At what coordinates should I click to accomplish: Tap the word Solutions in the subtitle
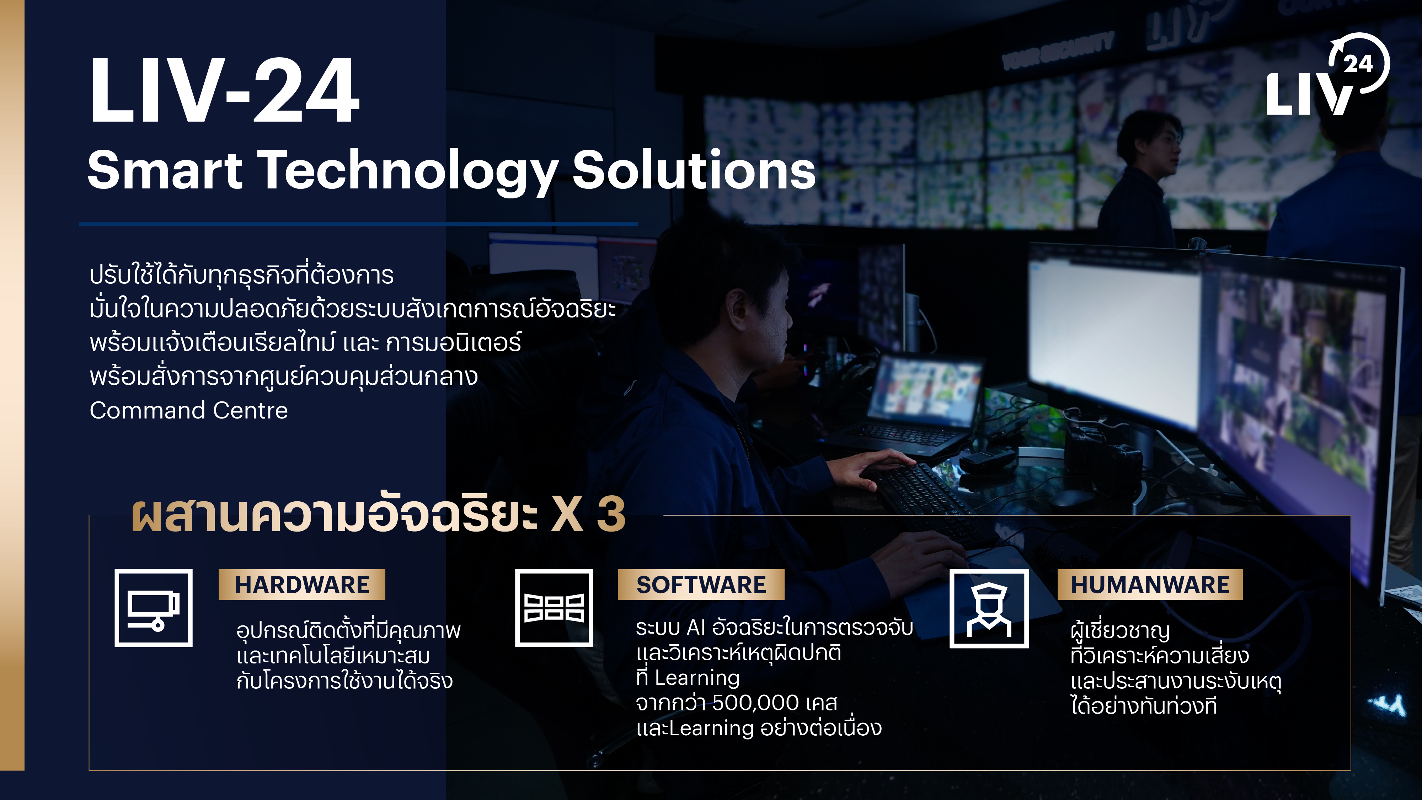click(x=694, y=170)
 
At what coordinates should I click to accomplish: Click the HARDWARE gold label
click(x=302, y=585)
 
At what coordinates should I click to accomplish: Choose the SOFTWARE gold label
click(x=701, y=585)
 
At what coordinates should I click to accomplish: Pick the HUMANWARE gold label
click(x=1150, y=585)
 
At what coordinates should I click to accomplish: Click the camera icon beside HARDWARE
click(x=154, y=608)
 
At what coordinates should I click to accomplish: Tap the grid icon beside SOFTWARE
click(x=554, y=608)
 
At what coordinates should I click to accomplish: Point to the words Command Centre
click(x=189, y=410)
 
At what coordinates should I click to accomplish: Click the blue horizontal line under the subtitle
click(x=358, y=224)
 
